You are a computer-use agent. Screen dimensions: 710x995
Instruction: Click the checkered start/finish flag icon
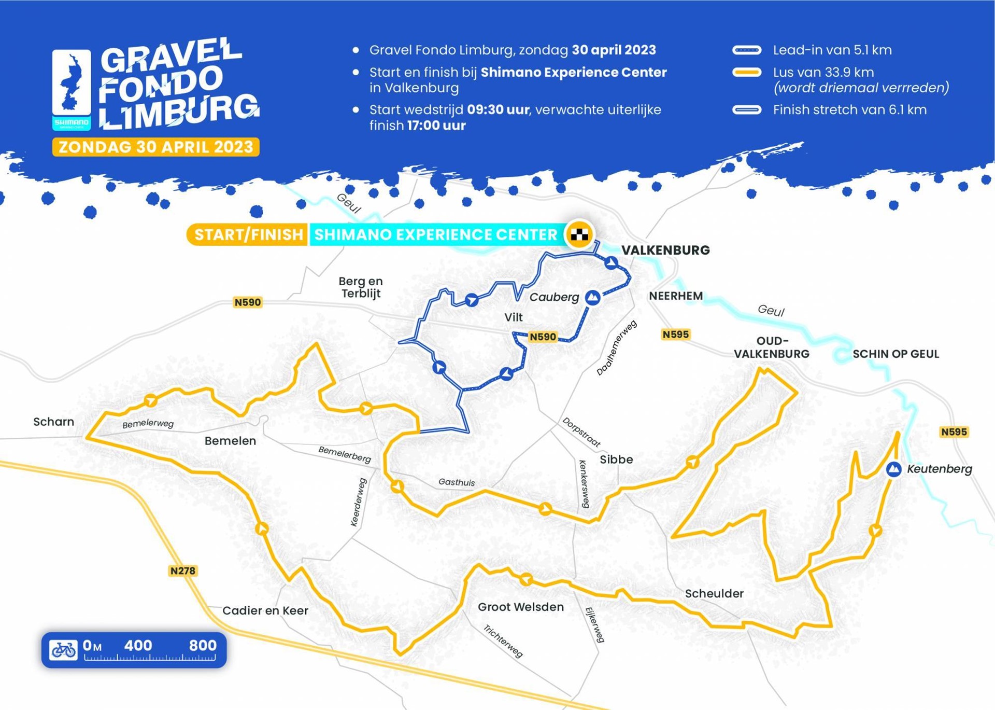point(579,234)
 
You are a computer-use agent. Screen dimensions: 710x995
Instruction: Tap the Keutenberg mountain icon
point(893,469)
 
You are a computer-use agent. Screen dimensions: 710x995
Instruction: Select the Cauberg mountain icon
point(592,298)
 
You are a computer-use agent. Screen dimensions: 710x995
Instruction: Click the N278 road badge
point(183,570)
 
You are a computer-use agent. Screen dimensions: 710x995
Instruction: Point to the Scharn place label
point(53,422)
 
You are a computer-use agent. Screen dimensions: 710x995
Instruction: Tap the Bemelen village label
point(230,441)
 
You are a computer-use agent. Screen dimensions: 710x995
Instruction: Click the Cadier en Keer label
point(265,610)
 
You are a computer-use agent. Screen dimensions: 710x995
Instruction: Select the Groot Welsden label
point(521,607)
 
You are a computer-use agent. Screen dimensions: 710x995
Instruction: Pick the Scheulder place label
point(714,593)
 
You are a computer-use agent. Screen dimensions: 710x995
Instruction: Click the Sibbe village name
point(616,460)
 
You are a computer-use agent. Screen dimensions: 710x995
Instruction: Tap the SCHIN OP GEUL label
point(895,354)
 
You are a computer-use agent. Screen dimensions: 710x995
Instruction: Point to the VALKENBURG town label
point(665,250)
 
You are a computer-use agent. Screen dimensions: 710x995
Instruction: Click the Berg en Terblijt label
point(361,287)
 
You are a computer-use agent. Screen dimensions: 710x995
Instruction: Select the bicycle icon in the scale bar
point(64,649)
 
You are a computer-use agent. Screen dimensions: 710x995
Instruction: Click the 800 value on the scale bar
point(203,646)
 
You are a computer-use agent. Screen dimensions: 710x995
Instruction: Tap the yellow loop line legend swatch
point(747,73)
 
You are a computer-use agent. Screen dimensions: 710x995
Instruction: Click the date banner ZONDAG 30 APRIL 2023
point(156,147)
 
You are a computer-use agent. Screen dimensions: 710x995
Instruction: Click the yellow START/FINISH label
point(248,234)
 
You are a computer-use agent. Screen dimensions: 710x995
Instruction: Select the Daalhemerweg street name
point(616,348)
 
